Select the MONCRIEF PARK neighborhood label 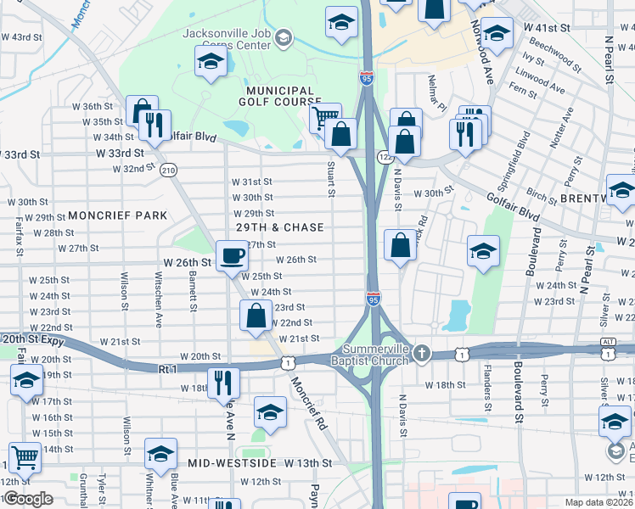tap(118, 215)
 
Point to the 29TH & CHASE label tap(280, 227)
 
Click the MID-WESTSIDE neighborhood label tap(234, 463)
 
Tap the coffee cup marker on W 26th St tap(232, 255)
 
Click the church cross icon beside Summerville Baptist tap(423, 352)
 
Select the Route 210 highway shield tap(168, 170)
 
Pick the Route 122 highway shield tap(383, 155)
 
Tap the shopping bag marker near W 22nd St tap(256, 316)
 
